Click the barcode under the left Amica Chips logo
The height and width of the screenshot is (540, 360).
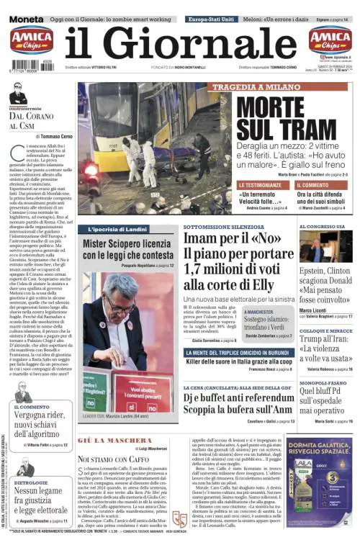coord(30,64)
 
